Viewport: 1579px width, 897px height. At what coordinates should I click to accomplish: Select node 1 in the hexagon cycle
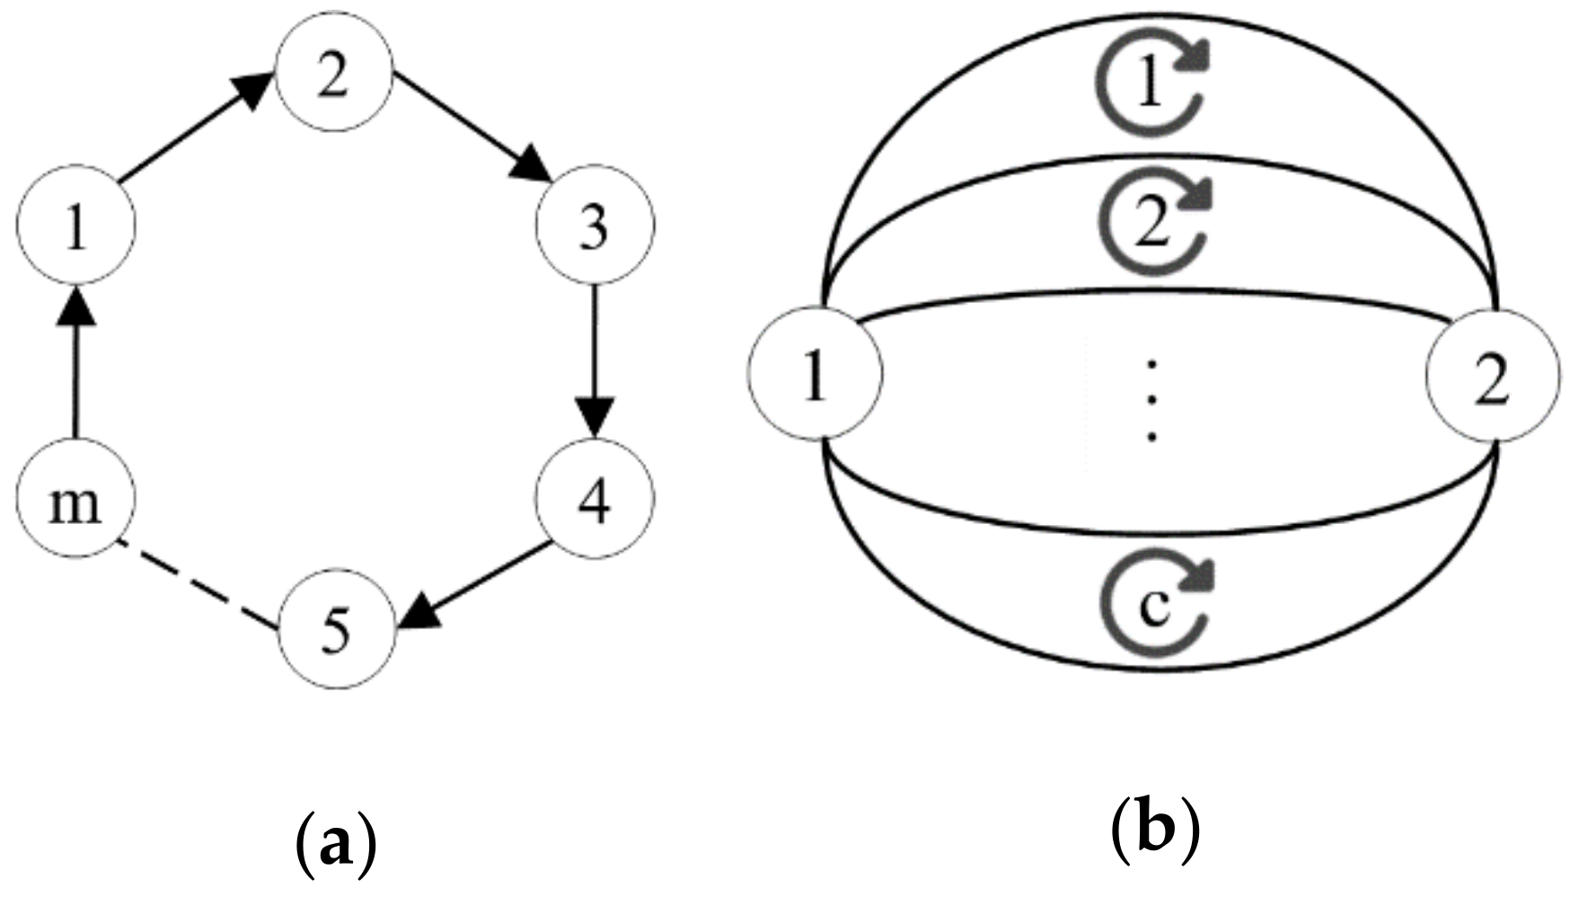point(76,226)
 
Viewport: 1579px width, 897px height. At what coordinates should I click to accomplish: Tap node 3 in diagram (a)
point(595,226)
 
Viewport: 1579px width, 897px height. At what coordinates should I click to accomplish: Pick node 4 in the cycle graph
point(595,500)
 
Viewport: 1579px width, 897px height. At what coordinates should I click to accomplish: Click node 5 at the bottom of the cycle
point(337,631)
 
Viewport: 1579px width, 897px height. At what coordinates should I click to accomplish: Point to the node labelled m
point(75,500)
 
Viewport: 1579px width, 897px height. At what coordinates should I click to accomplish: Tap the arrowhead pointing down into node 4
point(595,416)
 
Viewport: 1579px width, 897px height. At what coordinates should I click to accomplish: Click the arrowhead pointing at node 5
point(419,614)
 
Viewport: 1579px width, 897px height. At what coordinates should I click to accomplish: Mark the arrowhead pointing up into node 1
point(76,310)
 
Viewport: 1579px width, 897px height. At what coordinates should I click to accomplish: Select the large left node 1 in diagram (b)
point(815,374)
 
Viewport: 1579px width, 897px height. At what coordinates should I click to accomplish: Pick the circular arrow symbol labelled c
point(1153,604)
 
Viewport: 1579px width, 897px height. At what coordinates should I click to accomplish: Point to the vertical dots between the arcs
point(1152,401)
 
